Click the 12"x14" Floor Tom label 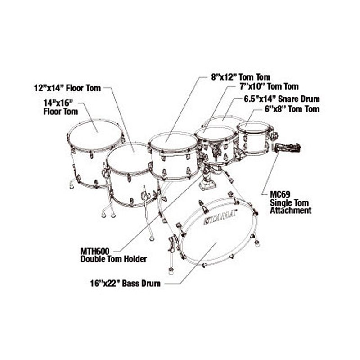tap(67, 88)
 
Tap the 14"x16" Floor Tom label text tap(61, 107)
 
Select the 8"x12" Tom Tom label tap(241, 77)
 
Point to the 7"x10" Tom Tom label tap(268, 86)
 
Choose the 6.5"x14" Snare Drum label tap(282, 99)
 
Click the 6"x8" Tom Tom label tap(292, 109)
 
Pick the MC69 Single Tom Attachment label tap(291, 202)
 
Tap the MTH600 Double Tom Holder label tap(113, 255)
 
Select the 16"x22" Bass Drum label tap(126, 283)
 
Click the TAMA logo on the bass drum tap(220, 217)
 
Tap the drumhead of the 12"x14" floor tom tap(128, 158)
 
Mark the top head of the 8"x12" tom tap(174, 143)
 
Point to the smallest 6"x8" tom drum tap(255, 138)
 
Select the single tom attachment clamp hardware tap(287, 148)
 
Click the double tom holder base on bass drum tap(207, 183)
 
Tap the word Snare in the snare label tap(290, 99)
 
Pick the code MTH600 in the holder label tap(95, 251)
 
